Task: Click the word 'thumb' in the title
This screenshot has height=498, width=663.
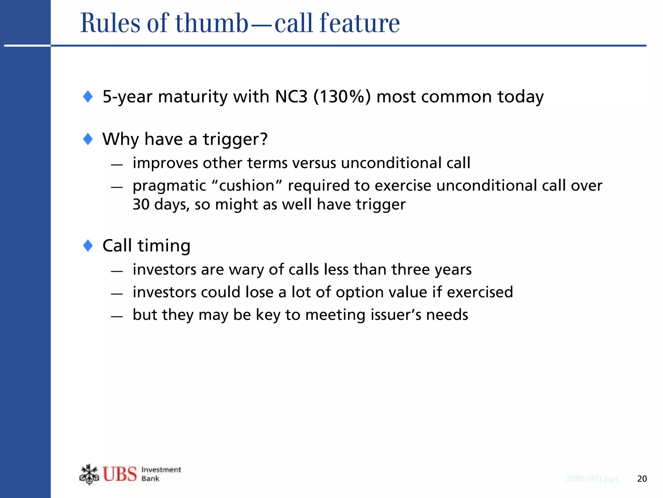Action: pyautogui.click(x=212, y=23)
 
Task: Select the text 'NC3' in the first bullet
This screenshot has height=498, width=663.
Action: pyautogui.click(x=291, y=97)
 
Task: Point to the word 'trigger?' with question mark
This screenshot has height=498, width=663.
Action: pyautogui.click(x=235, y=139)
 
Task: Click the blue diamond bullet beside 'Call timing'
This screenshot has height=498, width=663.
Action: pyautogui.click(x=88, y=246)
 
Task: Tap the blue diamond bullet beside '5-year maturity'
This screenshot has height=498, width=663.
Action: pyautogui.click(x=88, y=96)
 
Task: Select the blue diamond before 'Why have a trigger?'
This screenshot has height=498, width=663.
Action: pyautogui.click(x=88, y=139)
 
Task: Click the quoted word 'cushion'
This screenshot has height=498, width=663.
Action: pyautogui.click(x=247, y=186)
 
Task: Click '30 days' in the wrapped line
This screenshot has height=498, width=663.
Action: pyautogui.click(x=161, y=205)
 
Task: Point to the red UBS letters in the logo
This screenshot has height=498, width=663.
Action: pyautogui.click(x=120, y=474)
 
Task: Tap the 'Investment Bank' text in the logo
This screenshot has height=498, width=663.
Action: pyautogui.click(x=161, y=474)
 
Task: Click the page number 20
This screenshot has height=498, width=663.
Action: pyautogui.click(x=642, y=479)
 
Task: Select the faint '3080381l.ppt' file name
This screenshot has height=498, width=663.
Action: pyautogui.click(x=591, y=479)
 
